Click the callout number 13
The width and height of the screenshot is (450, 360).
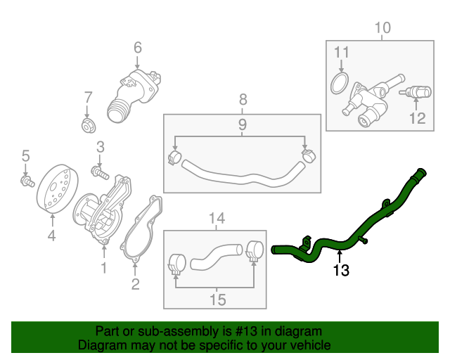point(341,269)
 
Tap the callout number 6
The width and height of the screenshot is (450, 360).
point(138,48)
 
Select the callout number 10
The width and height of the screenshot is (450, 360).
point(382,28)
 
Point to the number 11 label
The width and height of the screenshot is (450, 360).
point(341,52)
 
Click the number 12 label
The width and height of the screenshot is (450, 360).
point(418,118)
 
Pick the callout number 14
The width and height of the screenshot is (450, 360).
point(217,219)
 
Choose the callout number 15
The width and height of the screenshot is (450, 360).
point(217,300)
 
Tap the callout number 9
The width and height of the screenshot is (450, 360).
point(241,124)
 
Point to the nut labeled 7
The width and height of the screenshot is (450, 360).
point(88,126)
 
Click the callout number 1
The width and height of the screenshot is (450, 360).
point(104,267)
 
